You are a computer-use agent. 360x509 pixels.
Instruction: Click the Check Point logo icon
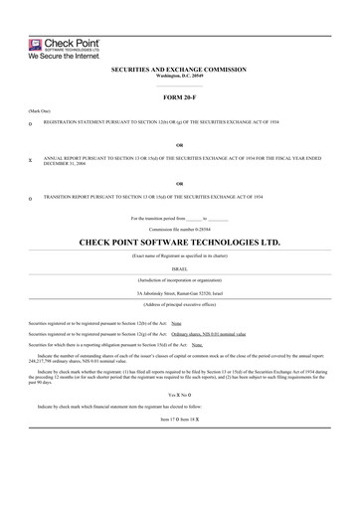point(15,44)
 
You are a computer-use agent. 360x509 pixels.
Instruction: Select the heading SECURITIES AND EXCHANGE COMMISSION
point(180,71)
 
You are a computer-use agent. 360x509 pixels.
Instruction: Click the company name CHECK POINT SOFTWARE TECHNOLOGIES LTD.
point(180,242)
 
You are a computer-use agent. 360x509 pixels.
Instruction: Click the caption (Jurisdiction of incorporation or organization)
point(180,279)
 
